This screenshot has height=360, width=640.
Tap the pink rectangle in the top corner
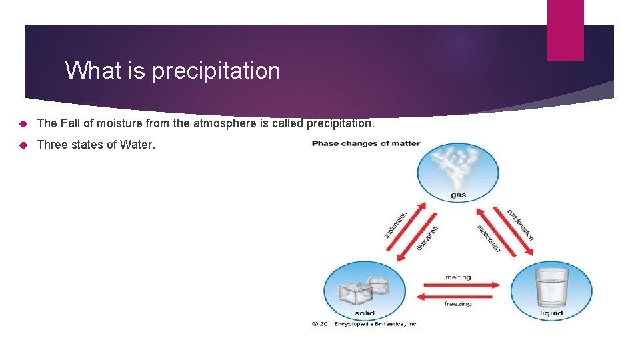(x=565, y=30)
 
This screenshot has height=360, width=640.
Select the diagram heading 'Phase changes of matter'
(x=365, y=143)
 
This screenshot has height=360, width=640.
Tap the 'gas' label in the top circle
(x=458, y=195)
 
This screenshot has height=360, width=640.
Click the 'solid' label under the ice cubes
(x=364, y=313)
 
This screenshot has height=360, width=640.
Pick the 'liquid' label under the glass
(x=551, y=313)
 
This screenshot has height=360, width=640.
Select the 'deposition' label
(x=427, y=238)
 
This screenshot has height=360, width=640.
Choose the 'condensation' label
(x=520, y=225)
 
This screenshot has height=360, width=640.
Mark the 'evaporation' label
(x=489, y=238)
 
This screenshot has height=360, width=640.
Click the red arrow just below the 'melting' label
(x=458, y=285)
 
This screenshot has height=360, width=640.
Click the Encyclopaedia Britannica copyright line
(x=365, y=324)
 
